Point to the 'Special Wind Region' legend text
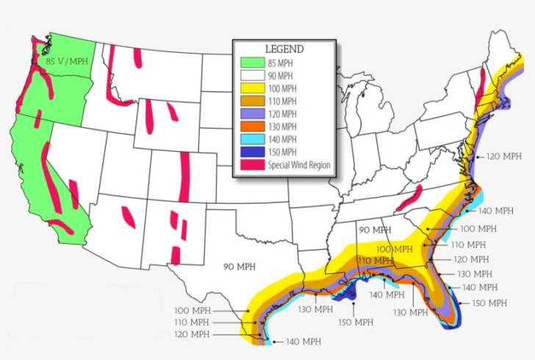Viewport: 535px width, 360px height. (x=299, y=165)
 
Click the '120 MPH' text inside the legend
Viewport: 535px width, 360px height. (x=283, y=114)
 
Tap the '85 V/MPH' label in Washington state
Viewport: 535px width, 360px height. (x=66, y=62)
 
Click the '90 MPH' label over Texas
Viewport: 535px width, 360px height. (x=240, y=266)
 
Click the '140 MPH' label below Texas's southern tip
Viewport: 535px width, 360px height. (x=302, y=342)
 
